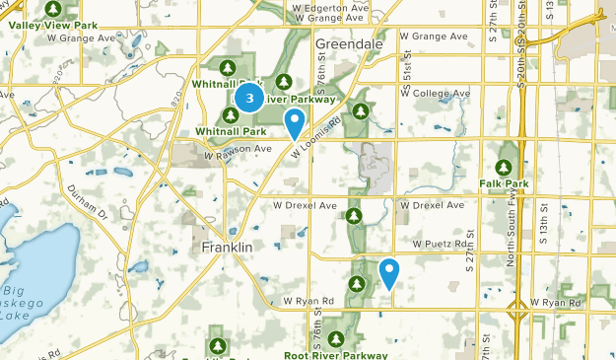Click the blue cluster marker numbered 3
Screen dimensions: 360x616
click(250, 98)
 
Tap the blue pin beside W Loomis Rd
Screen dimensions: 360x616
click(294, 123)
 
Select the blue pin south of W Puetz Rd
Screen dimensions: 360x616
click(389, 272)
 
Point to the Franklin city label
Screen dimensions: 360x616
click(228, 247)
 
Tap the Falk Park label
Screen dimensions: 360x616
click(504, 183)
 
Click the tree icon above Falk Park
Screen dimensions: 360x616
click(505, 166)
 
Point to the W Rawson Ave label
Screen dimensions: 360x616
click(237, 150)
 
